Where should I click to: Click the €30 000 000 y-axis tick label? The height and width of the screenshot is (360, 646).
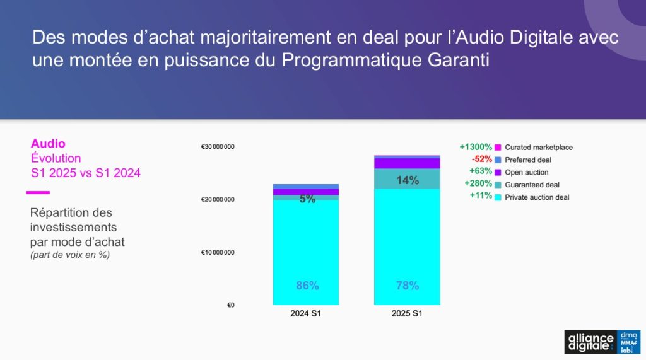pyautogui.click(x=218, y=147)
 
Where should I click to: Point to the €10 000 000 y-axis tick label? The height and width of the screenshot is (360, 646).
pyautogui.click(x=218, y=252)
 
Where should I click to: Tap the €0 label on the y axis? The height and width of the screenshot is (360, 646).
pyautogui.click(x=231, y=305)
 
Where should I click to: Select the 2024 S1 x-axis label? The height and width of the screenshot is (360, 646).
pyautogui.click(x=306, y=313)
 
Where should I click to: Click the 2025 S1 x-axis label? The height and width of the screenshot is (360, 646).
pyautogui.click(x=407, y=313)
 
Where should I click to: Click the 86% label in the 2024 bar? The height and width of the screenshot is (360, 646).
pyautogui.click(x=307, y=286)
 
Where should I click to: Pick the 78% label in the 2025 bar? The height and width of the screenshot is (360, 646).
pyautogui.click(x=408, y=286)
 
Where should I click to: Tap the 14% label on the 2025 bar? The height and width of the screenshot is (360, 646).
pyautogui.click(x=408, y=180)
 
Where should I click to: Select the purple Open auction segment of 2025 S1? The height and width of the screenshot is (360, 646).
pyautogui.click(x=407, y=163)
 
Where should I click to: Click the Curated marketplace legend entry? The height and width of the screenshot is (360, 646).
pyautogui.click(x=534, y=148)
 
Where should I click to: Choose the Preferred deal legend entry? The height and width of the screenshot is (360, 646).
pyautogui.click(x=523, y=160)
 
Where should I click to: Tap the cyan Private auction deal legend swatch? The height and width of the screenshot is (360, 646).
pyautogui.click(x=498, y=197)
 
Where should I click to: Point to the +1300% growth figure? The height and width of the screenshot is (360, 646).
pyautogui.click(x=476, y=147)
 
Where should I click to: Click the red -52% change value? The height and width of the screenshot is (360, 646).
pyautogui.click(x=481, y=159)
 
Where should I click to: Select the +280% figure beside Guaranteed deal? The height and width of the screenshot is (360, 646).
pyautogui.click(x=478, y=183)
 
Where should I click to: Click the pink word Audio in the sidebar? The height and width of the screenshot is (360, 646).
pyautogui.click(x=48, y=144)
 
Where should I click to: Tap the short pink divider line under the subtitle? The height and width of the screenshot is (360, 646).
pyautogui.click(x=38, y=192)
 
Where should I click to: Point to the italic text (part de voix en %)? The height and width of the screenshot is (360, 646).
pyautogui.click(x=70, y=255)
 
